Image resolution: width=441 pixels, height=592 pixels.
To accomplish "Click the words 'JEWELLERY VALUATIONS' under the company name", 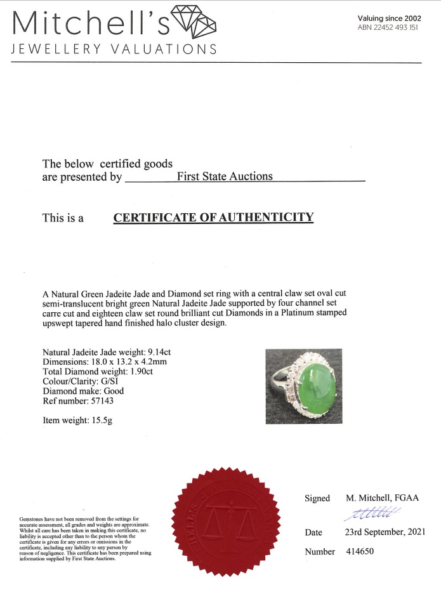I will point(115,49).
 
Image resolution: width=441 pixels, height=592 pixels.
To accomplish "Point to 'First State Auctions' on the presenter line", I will point(225,176).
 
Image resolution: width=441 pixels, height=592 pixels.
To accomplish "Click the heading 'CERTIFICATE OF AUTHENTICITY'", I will point(213,218).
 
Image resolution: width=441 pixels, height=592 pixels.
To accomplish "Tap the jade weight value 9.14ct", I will point(159,352).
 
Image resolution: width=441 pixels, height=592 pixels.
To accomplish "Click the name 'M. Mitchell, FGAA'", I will point(382,498).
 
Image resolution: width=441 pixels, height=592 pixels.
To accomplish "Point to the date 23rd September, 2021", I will point(386,532).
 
